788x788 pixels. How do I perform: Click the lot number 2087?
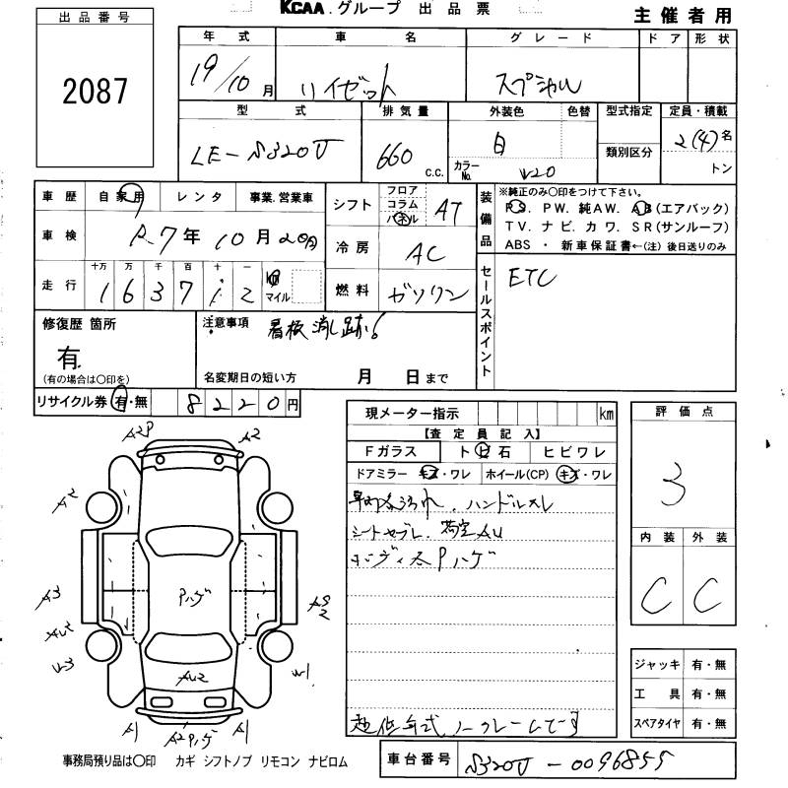[96, 92]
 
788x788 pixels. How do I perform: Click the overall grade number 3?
[677, 484]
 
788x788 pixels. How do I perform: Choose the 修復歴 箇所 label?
[79, 323]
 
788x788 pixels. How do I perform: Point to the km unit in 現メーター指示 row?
[605, 415]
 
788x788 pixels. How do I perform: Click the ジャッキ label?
[659, 664]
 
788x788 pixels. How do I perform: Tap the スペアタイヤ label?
[659, 723]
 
